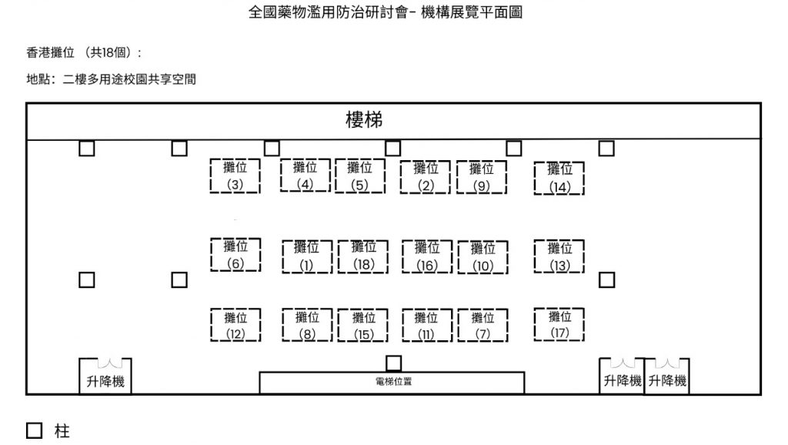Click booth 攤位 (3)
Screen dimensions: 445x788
[235, 176]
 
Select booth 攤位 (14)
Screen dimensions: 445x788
[559, 177]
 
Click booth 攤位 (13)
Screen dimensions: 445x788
[559, 256]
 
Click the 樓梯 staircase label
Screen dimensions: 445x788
[364, 122]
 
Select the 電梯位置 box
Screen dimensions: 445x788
[392, 383]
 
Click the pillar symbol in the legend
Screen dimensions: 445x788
[35, 430]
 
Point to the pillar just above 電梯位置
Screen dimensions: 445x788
[394, 363]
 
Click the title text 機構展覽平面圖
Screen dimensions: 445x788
[472, 13]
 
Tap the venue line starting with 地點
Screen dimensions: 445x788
[111, 79]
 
